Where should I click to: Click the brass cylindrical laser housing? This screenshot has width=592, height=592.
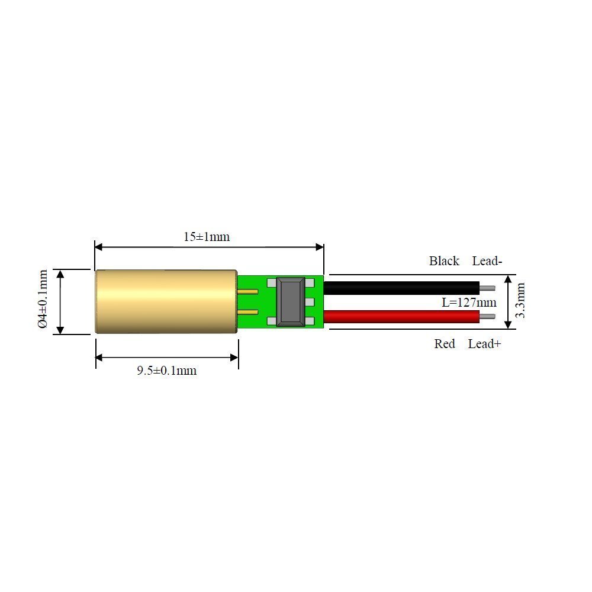pyautogui.click(x=166, y=302)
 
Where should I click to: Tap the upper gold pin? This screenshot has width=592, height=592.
pyautogui.click(x=249, y=291)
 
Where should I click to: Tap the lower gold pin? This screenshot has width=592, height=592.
pyautogui.click(x=249, y=312)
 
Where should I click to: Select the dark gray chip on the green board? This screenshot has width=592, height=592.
pyautogui.click(x=291, y=302)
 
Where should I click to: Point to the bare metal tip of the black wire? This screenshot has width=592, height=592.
pyautogui.click(x=487, y=288)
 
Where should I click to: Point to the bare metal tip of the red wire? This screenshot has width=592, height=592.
pyautogui.click(x=487, y=317)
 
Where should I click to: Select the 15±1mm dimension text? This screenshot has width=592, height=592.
pyautogui.click(x=207, y=237)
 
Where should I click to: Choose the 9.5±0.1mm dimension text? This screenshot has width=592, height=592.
pyautogui.click(x=166, y=371)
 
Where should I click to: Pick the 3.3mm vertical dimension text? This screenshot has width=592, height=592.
pyautogui.click(x=520, y=300)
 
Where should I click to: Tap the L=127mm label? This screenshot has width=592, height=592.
pyautogui.click(x=469, y=303)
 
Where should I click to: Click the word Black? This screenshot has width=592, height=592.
pyautogui.click(x=444, y=261)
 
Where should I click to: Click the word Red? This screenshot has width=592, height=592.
pyautogui.click(x=445, y=344)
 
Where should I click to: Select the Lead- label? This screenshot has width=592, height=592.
pyautogui.click(x=487, y=261)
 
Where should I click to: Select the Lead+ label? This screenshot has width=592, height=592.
pyautogui.click(x=484, y=344)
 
